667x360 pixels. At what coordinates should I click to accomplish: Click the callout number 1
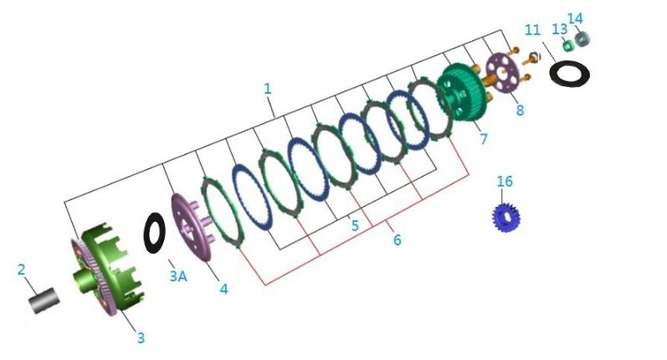point(267,89)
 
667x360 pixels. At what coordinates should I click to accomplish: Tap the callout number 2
point(21,270)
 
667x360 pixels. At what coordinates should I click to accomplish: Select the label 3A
point(178,275)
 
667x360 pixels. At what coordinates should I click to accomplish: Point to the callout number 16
point(505,182)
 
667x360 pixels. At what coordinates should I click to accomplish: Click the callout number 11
point(532,30)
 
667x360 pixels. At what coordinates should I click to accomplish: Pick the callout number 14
point(575,18)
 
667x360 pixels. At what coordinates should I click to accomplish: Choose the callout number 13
point(559,29)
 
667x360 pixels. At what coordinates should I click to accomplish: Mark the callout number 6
point(397,240)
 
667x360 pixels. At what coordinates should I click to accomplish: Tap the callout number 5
point(355,225)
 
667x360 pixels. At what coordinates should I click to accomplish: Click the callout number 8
point(520,111)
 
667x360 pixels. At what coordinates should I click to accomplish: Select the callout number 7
point(484,139)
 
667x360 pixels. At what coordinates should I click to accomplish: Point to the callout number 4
point(223,289)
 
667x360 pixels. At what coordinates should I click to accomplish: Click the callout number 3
point(141,338)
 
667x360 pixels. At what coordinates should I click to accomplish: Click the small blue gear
point(506,217)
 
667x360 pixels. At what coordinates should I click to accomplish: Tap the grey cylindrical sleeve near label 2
point(44,301)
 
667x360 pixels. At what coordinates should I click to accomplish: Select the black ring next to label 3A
point(154,233)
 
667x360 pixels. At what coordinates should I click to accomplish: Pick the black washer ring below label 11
point(569,73)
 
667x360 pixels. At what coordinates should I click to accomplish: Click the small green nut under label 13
point(567,45)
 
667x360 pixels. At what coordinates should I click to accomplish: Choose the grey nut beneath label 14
point(582,39)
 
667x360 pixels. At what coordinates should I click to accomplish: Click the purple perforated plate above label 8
point(503,73)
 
